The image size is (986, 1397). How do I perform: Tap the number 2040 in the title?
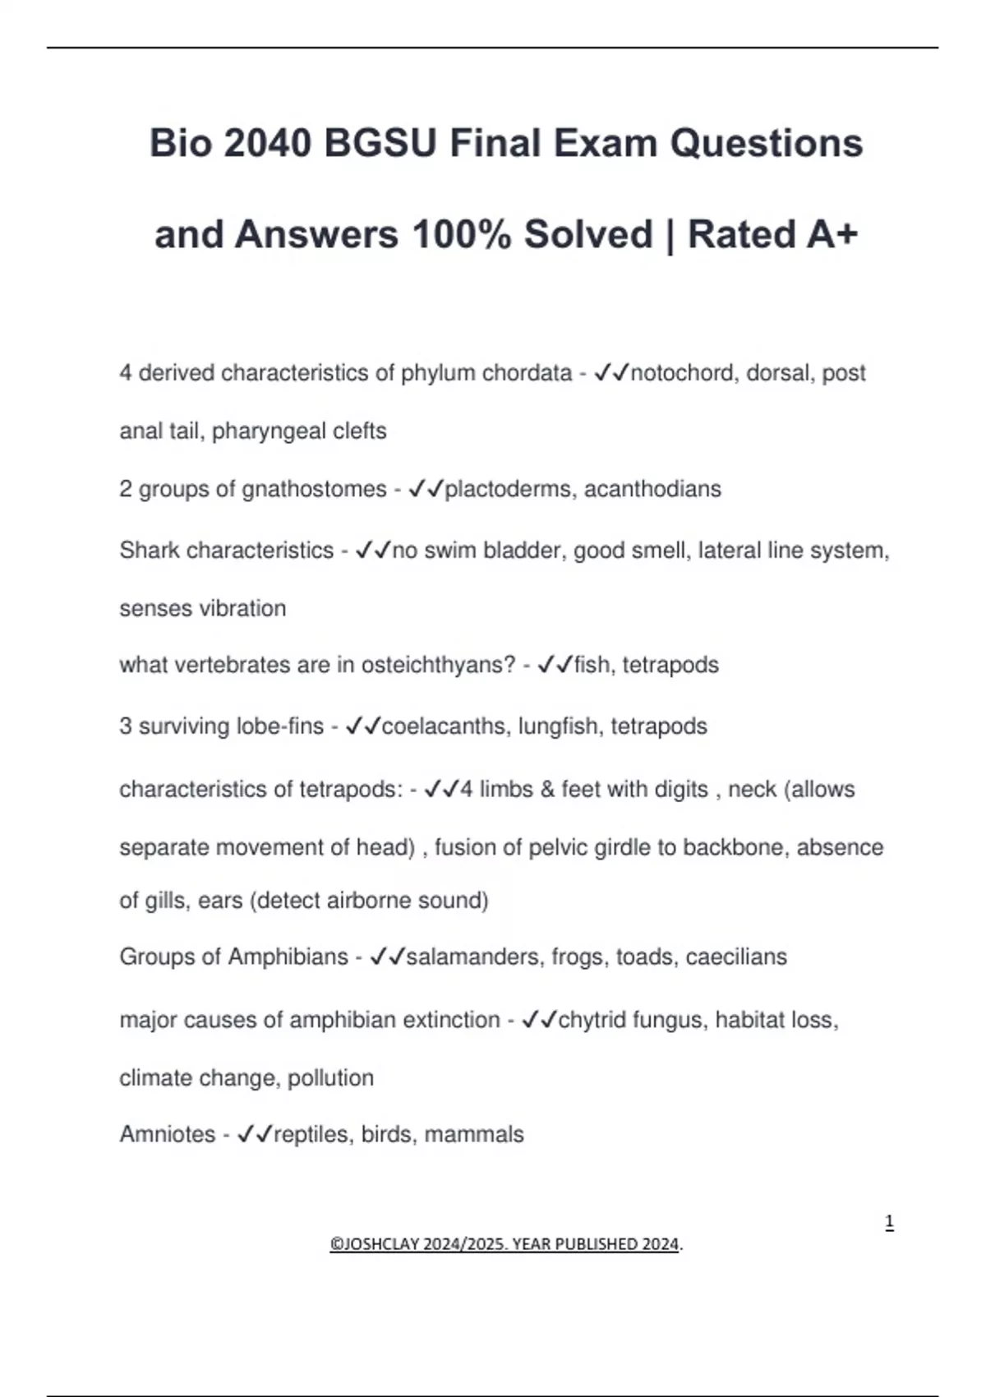coord(267,144)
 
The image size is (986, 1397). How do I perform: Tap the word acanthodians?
coord(652,489)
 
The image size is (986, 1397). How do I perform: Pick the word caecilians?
coord(736,957)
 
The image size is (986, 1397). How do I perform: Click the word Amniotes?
coord(168,1135)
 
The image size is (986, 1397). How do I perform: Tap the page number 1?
coord(889,1223)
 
